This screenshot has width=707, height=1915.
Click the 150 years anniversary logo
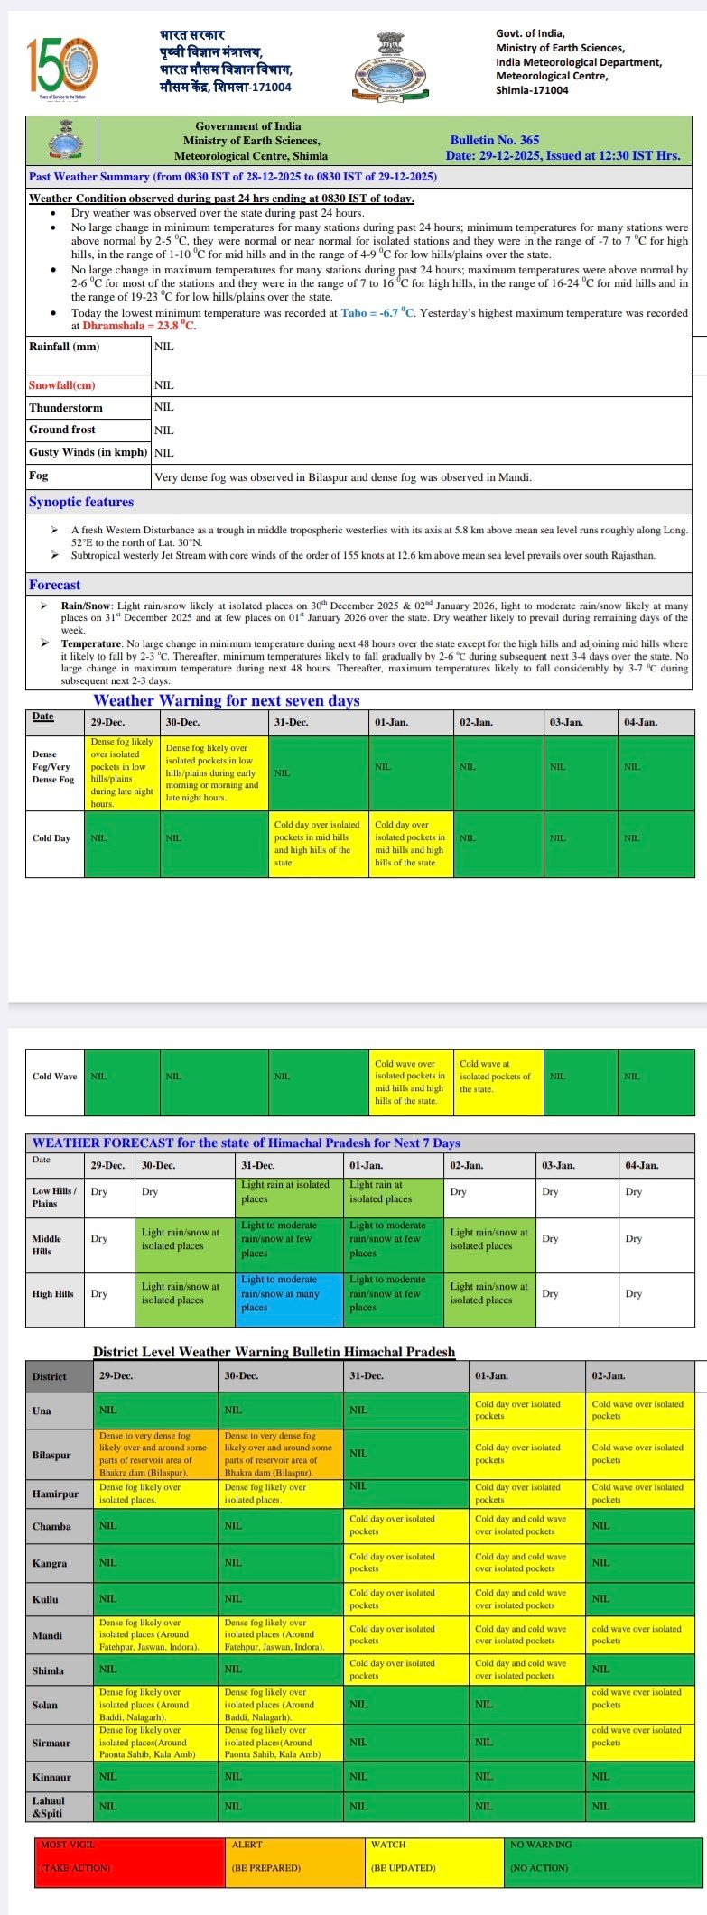(61, 66)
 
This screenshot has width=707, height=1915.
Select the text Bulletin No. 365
(494, 140)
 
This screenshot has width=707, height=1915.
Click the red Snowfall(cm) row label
(62, 385)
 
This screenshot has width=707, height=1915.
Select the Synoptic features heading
(81, 502)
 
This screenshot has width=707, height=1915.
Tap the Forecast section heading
(54, 585)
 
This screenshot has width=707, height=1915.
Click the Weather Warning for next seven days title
(227, 700)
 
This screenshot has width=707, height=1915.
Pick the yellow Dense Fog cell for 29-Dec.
(122, 772)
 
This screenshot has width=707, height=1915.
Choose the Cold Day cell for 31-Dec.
(318, 843)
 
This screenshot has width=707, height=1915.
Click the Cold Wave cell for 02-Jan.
(499, 1076)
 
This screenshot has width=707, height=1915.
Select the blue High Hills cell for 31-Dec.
(289, 1293)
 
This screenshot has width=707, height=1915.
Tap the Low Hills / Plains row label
(55, 1197)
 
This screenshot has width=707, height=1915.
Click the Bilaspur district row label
(51, 1455)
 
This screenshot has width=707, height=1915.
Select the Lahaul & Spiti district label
(49, 1806)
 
